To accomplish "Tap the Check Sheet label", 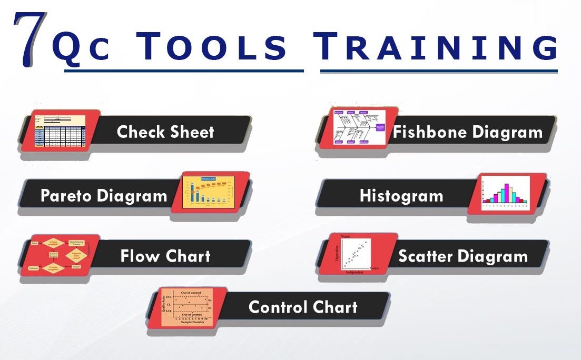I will click(x=165, y=132).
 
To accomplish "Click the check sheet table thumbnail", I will click(x=59, y=129).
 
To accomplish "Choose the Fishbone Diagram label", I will click(x=467, y=132).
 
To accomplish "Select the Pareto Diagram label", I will click(x=104, y=196).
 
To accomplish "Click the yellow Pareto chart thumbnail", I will click(x=208, y=192).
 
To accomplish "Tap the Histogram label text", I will click(x=401, y=196).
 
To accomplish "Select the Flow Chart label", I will click(x=165, y=256).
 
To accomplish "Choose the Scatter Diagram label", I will click(x=463, y=256).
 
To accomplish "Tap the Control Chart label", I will click(x=303, y=307).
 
